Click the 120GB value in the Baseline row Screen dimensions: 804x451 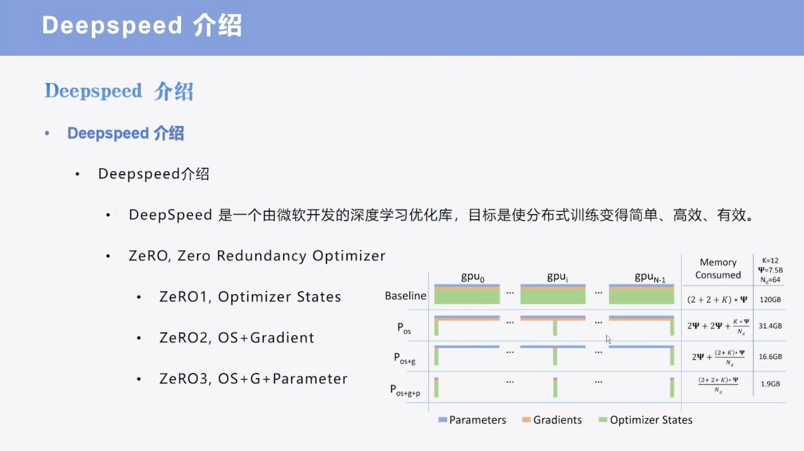coord(770,300)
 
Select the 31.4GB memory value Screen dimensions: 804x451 coord(770,326)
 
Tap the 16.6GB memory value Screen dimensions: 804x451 coord(770,357)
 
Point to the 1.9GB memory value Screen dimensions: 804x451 coord(770,384)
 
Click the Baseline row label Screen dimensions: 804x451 coord(405,296)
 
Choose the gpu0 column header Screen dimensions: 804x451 coord(473,277)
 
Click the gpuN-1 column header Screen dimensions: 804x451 coord(650,277)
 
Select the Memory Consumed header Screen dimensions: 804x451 coord(718,268)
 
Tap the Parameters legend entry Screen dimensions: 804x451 coord(472,420)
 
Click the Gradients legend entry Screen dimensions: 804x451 coord(552,420)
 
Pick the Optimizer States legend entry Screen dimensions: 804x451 coord(646,420)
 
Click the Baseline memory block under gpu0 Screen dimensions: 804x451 coord(467,294)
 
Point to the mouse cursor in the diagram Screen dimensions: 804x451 coord(608,339)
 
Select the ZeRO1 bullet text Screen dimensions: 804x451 coord(250,297)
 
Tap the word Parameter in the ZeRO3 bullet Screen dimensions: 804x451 coord(310,379)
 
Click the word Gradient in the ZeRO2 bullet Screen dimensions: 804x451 coord(282,337)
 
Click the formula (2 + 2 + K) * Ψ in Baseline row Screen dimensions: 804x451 coord(717,300)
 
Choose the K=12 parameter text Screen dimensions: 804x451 coord(770,261)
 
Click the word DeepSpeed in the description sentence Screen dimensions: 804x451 coord(170,215)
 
